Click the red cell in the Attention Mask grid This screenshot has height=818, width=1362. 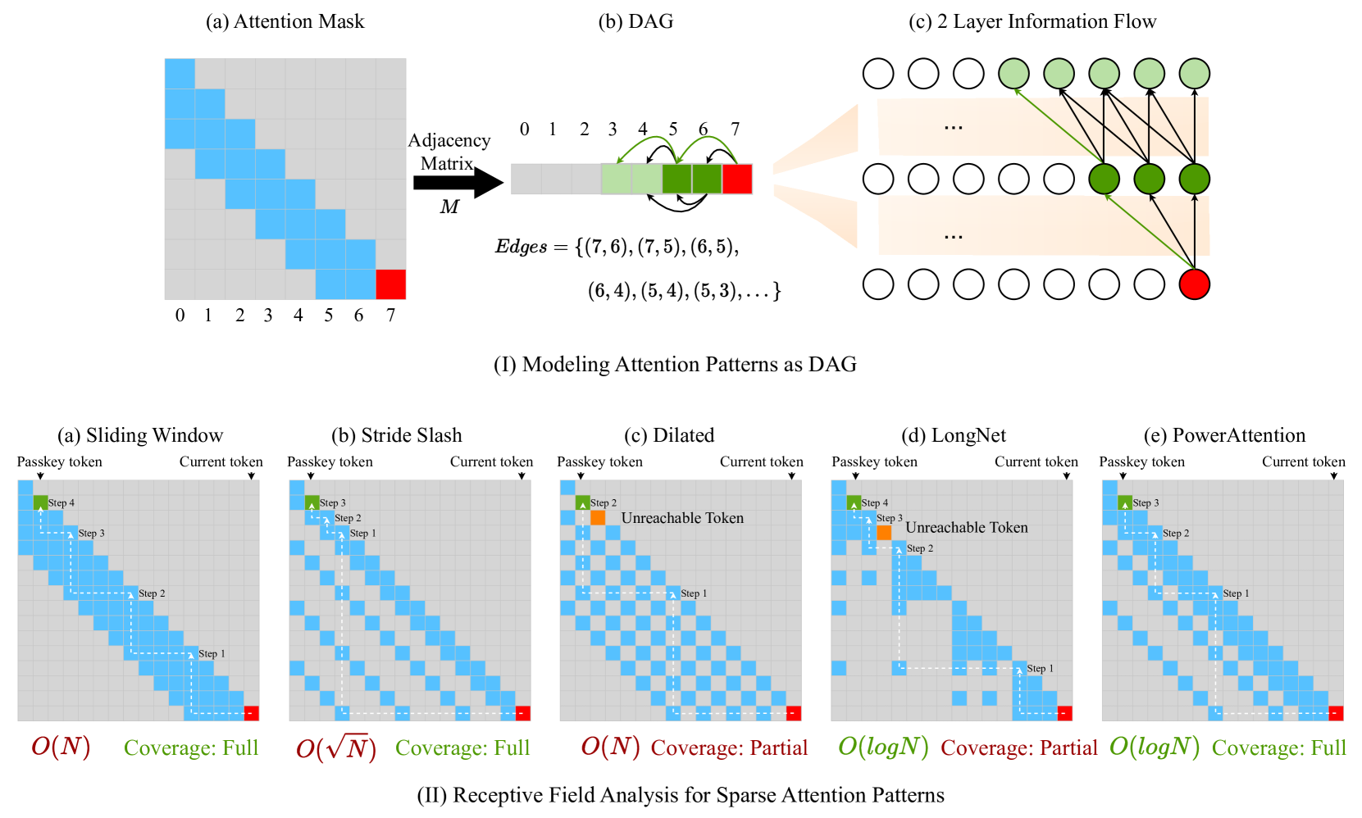[390, 284]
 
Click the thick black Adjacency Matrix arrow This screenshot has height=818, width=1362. [457, 182]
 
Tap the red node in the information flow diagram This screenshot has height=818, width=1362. [1194, 284]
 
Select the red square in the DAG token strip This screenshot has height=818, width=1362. [737, 179]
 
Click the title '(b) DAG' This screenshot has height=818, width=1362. [635, 21]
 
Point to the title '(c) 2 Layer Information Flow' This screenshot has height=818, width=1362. [1032, 21]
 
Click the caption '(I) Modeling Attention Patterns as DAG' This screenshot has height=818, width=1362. [675, 364]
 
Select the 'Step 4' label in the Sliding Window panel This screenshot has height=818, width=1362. [61, 502]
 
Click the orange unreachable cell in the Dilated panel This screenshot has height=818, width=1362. [598, 518]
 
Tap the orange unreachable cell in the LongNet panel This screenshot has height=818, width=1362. [884, 533]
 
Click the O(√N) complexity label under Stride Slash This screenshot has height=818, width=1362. [336, 748]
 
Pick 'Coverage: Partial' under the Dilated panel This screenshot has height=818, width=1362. [729, 748]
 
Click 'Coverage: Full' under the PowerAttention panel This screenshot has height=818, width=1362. [1278, 748]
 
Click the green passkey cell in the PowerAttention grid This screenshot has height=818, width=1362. [1125, 502]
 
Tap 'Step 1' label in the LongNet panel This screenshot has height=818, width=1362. [1041, 669]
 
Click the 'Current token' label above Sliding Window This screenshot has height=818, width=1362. [221, 461]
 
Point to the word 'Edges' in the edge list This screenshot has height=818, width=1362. [521, 247]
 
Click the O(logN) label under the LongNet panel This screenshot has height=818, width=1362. [883, 747]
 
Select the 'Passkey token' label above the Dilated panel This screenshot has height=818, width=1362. [599, 461]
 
